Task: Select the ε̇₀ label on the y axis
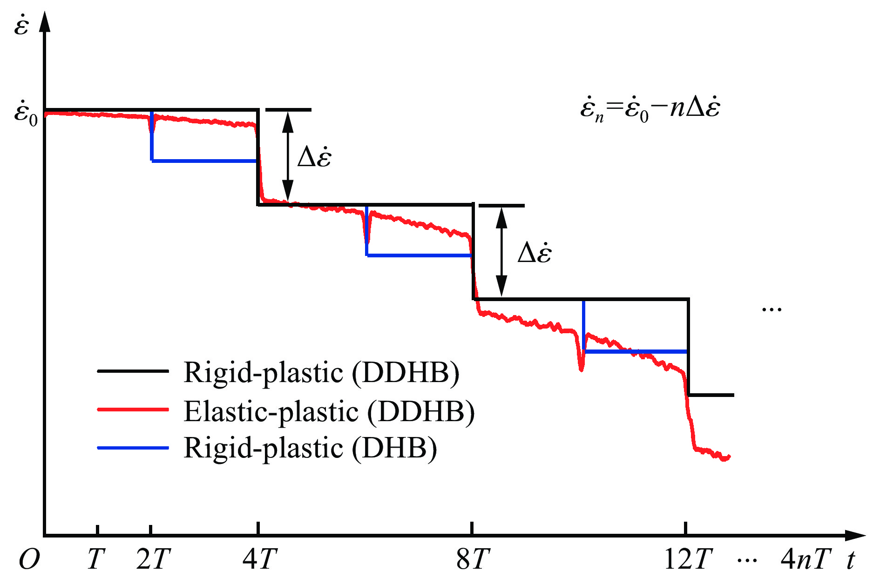pyautogui.click(x=25, y=113)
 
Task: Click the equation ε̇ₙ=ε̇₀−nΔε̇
pyautogui.click(x=650, y=109)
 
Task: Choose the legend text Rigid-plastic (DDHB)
pyautogui.click(x=322, y=372)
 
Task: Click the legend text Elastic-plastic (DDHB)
pyautogui.click(x=329, y=411)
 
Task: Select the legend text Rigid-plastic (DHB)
pyautogui.click(x=311, y=448)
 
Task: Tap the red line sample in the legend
pyautogui.click(x=133, y=410)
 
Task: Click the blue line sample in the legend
pyautogui.click(x=133, y=448)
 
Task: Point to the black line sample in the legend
pyautogui.click(x=133, y=371)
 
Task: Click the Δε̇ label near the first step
pyautogui.click(x=314, y=157)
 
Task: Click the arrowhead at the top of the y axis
pyautogui.click(x=45, y=21)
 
